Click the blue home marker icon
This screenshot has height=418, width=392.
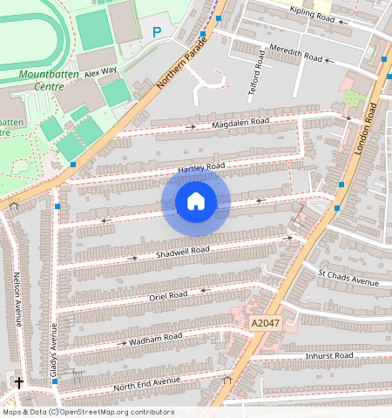pyautogui.click(x=196, y=202)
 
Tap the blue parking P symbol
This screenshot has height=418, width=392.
pyautogui.click(x=157, y=32)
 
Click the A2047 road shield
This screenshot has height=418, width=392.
pyautogui.click(x=266, y=323)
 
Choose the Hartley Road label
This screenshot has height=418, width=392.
pyautogui.click(x=201, y=165)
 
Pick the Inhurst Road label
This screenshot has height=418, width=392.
pyautogui.click(x=329, y=356)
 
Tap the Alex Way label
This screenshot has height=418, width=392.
pyautogui.click(x=100, y=74)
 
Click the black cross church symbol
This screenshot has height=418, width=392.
pyautogui.click(x=19, y=381)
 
